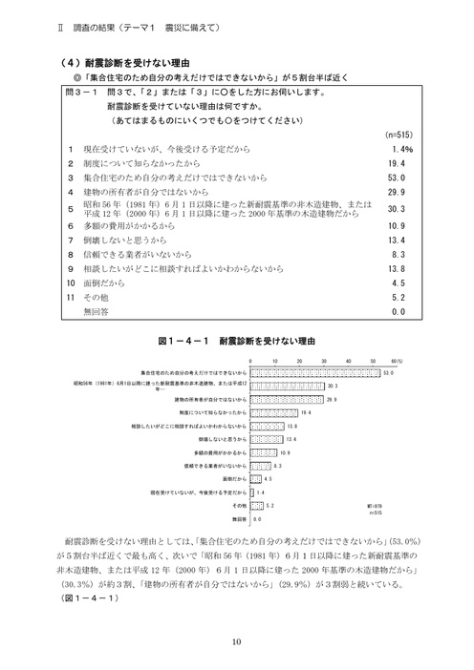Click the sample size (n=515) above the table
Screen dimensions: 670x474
pyautogui.click(x=397, y=136)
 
